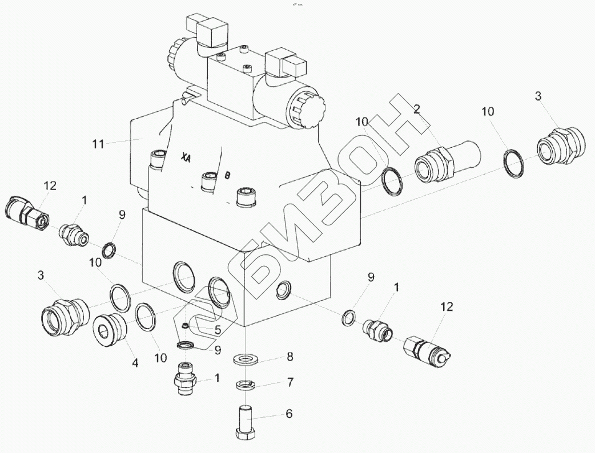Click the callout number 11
point(99,144)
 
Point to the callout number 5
point(218,329)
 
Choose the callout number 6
point(289,414)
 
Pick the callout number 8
point(290,358)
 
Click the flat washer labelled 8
point(246,359)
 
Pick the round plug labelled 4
point(110,330)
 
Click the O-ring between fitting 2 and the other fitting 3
point(516,163)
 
